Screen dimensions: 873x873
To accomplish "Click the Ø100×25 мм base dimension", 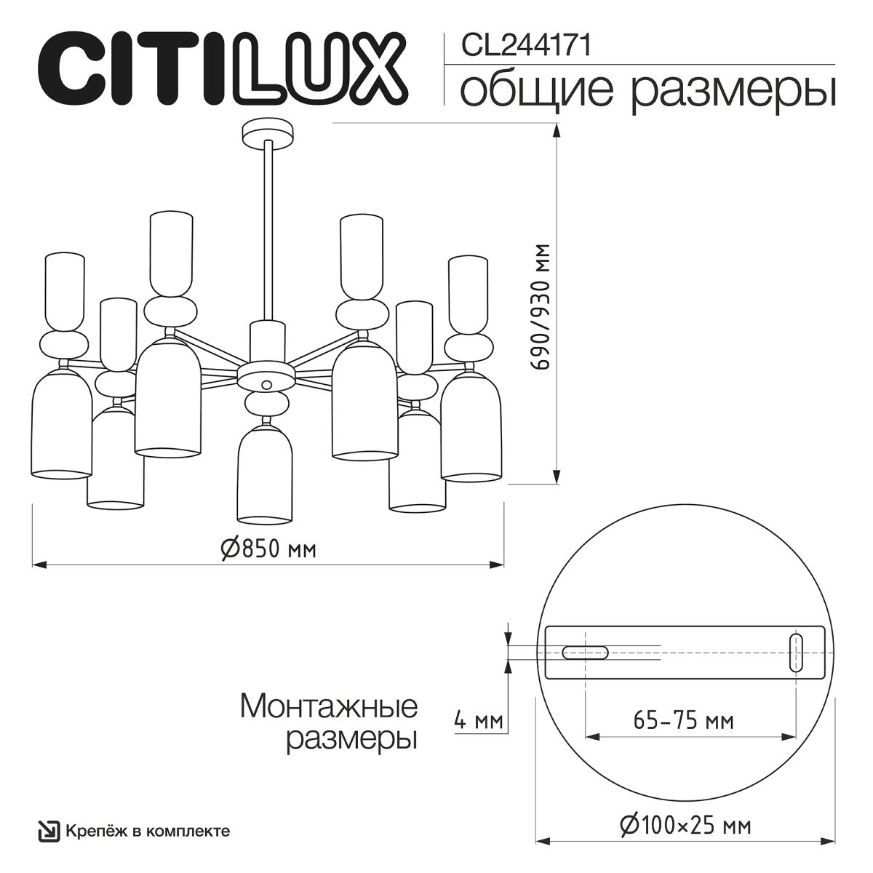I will pos(685,826).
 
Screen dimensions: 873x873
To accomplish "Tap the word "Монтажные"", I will pos(328,706).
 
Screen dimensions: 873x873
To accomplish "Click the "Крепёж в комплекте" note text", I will pos(148,831).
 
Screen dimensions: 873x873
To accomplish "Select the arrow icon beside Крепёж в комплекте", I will pos(49,831).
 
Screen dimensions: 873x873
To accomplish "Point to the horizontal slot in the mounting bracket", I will pos(585,653).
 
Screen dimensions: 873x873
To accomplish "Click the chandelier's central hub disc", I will pos(266,380).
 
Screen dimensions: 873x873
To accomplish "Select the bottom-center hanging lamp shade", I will pos(266,473).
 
